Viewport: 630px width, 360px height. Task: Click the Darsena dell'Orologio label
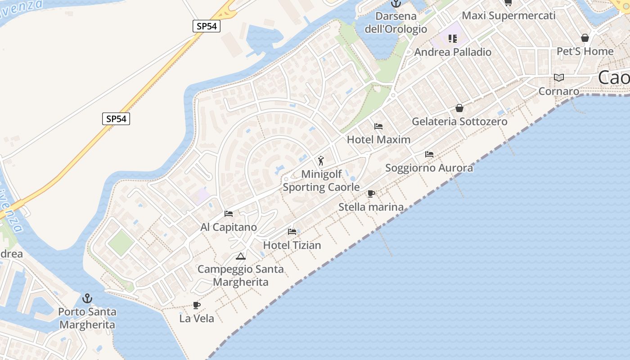tap(396, 22)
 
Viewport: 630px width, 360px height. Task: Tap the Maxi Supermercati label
tap(508, 15)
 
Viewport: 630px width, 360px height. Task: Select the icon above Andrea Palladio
tap(452, 39)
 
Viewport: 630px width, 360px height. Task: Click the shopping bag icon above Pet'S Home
tap(585, 38)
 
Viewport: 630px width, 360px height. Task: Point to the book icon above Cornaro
tap(559, 78)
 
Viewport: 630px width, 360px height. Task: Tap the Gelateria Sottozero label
tap(459, 121)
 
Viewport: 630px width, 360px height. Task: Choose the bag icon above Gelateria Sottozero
tap(459, 108)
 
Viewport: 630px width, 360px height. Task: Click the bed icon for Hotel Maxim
tap(378, 126)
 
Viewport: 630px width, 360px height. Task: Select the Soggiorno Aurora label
tap(429, 168)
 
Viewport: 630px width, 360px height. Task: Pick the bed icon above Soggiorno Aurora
tap(429, 154)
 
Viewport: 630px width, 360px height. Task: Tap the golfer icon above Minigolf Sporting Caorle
tap(321, 161)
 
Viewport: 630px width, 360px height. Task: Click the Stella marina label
tap(371, 207)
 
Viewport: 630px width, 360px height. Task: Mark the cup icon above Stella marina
tap(371, 194)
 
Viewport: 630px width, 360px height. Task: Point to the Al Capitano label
tap(229, 227)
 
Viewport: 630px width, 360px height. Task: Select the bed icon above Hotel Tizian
tap(292, 232)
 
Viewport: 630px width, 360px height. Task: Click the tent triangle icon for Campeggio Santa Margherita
tap(241, 256)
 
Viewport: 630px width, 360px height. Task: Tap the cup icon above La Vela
tap(196, 305)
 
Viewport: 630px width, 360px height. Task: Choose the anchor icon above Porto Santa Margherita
tap(87, 298)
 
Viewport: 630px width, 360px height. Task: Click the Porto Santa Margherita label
tap(87, 318)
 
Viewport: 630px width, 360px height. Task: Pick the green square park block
tap(121, 243)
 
